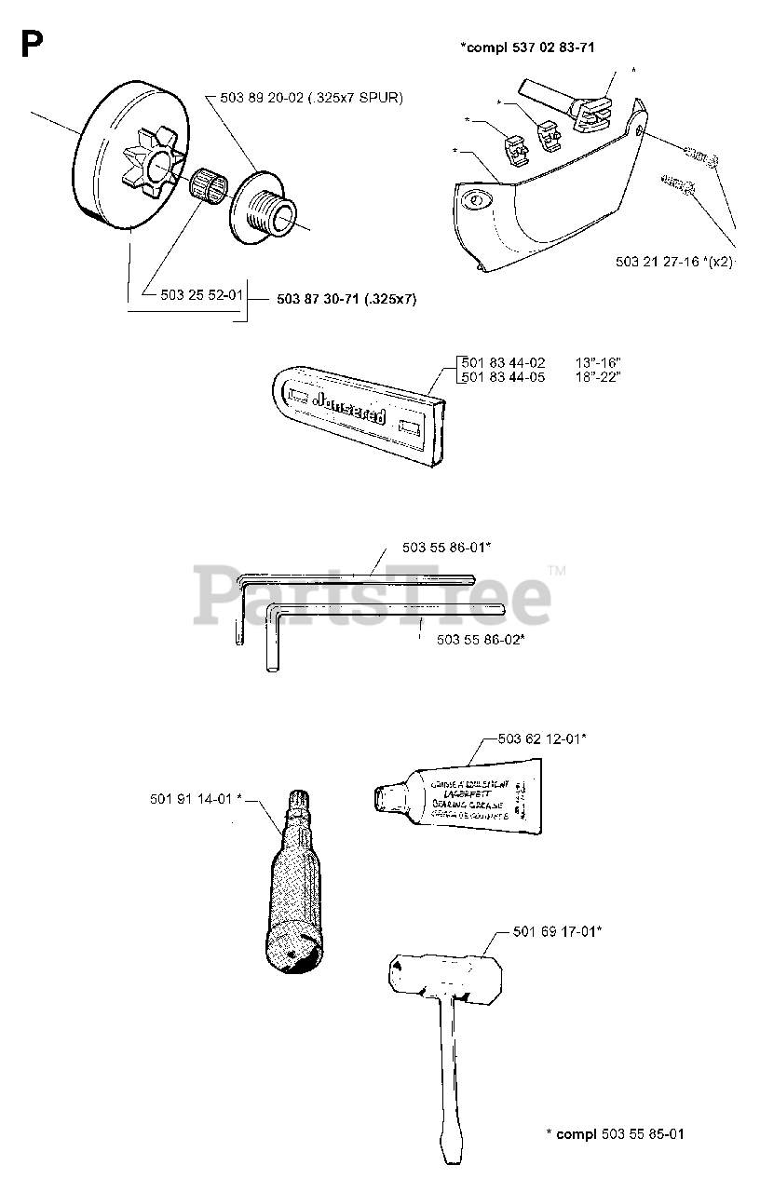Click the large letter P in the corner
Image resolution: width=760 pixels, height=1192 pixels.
(x=31, y=44)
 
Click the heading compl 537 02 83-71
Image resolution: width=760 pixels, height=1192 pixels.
(x=527, y=46)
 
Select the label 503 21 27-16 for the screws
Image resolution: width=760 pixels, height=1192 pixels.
(x=658, y=262)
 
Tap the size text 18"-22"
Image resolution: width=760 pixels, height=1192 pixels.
(x=598, y=376)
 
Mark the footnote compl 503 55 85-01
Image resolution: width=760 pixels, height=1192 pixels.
(x=616, y=1133)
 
